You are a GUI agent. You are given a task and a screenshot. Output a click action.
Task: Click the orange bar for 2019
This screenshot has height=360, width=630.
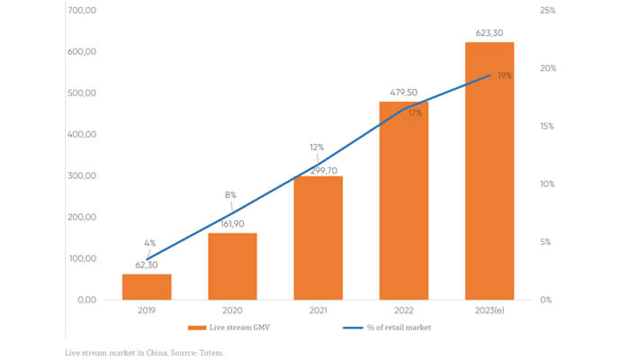pyautogui.click(x=147, y=286)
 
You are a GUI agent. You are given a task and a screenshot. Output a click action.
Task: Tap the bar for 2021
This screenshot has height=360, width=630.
pyautogui.click(x=318, y=238)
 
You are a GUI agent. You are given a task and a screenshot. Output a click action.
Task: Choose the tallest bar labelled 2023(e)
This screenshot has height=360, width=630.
pyautogui.click(x=489, y=170)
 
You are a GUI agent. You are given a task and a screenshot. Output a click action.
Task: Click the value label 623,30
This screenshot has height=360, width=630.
pyautogui.click(x=489, y=33)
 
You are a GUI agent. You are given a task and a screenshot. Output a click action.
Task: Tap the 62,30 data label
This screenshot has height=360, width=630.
pyautogui.click(x=147, y=265)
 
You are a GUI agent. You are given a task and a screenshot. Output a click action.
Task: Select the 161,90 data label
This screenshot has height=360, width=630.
pyautogui.click(x=232, y=224)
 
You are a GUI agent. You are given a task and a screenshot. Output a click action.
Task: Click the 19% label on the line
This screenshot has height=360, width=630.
pyautogui.click(x=504, y=76)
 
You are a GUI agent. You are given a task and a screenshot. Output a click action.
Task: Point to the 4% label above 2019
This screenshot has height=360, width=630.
pyautogui.click(x=150, y=243)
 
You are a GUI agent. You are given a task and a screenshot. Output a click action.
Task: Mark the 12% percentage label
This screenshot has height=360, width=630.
pyautogui.click(x=317, y=148)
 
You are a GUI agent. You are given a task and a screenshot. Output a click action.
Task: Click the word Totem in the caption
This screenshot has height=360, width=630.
pyautogui.click(x=210, y=353)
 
